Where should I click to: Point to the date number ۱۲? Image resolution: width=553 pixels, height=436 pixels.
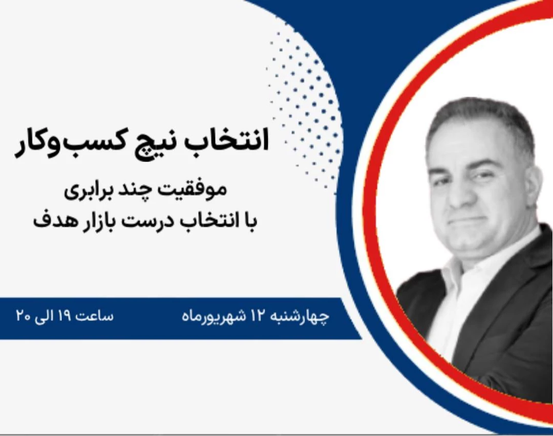coord(257,316)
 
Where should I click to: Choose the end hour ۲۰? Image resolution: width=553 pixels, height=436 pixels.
coord(22,316)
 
